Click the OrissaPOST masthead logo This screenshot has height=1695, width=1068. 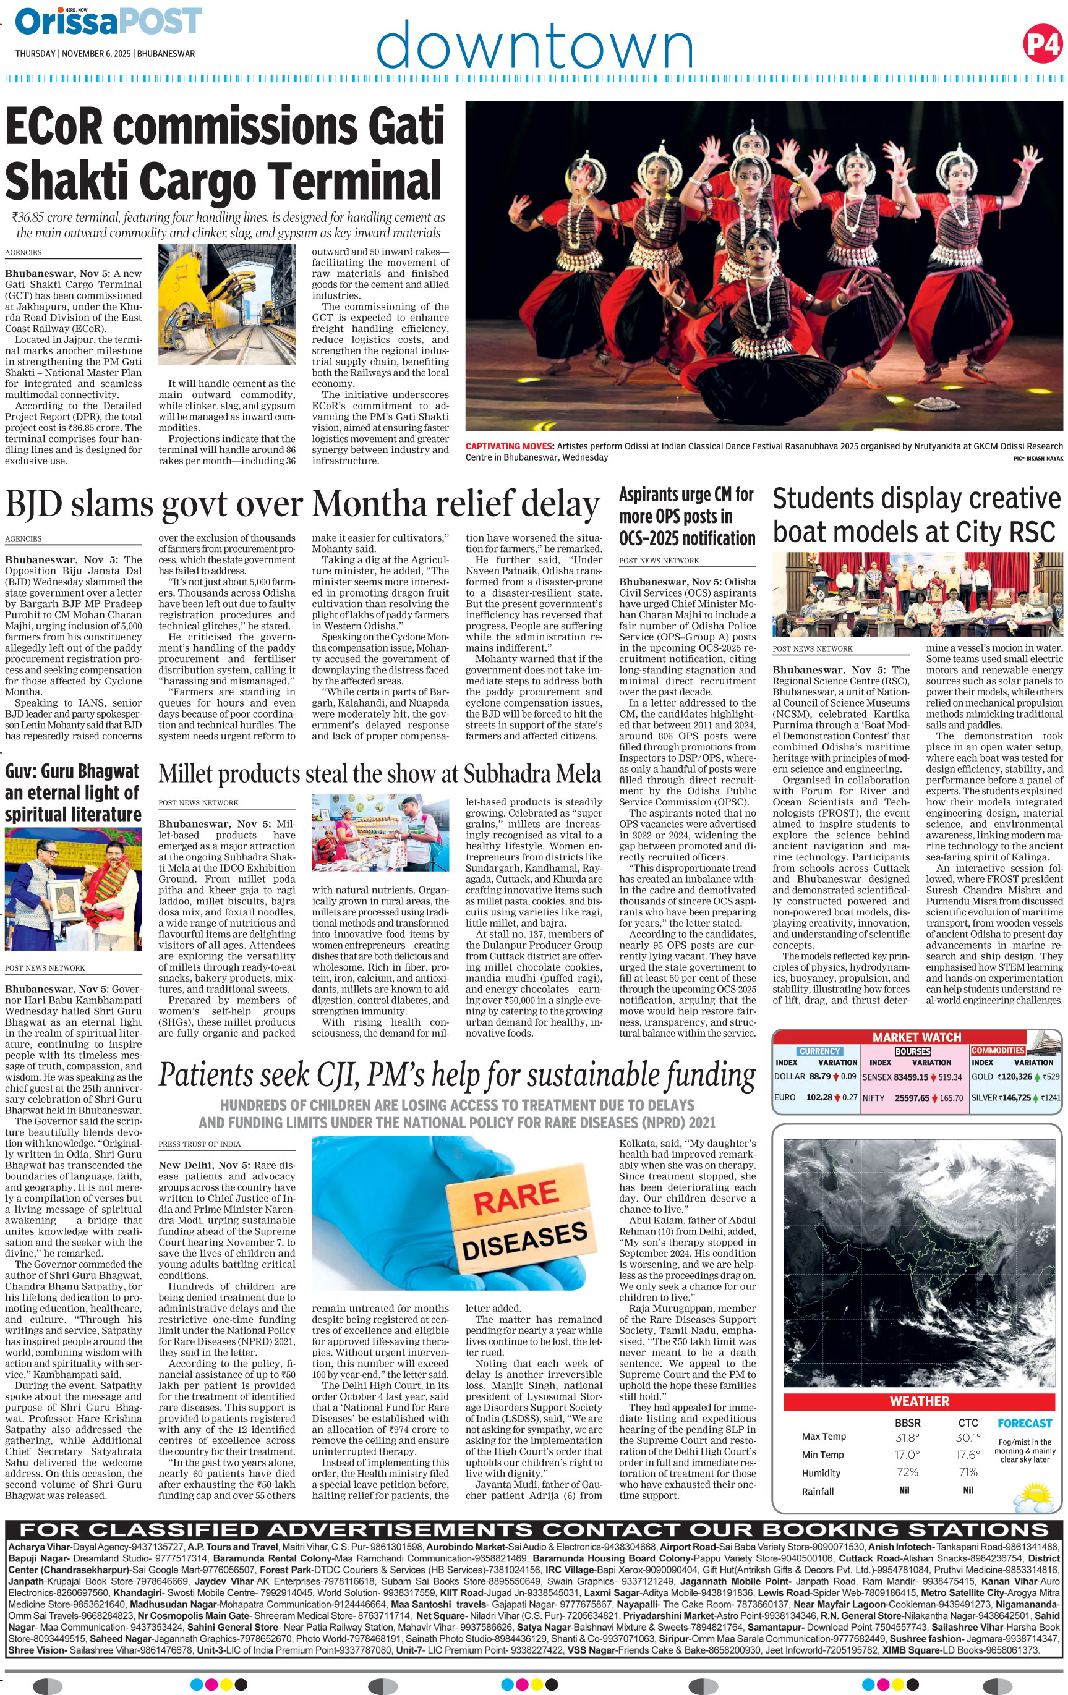click(108, 21)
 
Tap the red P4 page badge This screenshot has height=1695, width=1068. click(1042, 45)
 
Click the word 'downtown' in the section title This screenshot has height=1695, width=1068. click(534, 44)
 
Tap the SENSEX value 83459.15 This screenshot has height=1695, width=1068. click(910, 1077)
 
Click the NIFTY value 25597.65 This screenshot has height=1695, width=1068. click(911, 1098)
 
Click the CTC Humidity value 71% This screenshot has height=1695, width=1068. click(968, 1472)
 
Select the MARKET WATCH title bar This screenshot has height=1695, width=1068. click(916, 1037)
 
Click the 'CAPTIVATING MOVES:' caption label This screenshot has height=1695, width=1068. click(510, 446)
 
